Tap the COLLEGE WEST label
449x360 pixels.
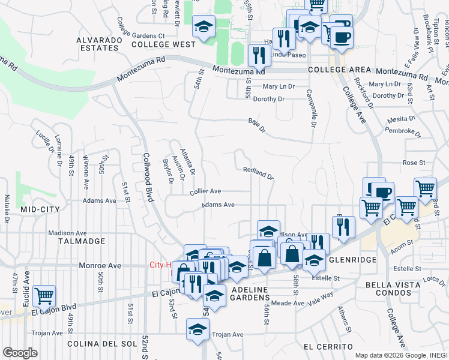tap(163, 44)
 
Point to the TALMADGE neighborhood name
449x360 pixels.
tap(82, 241)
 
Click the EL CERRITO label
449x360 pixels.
tap(328, 347)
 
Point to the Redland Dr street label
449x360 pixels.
tap(259, 173)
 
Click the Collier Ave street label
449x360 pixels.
tap(205, 191)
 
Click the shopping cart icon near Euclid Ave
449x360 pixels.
tap(44, 295)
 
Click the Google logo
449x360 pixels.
tap(20, 353)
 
